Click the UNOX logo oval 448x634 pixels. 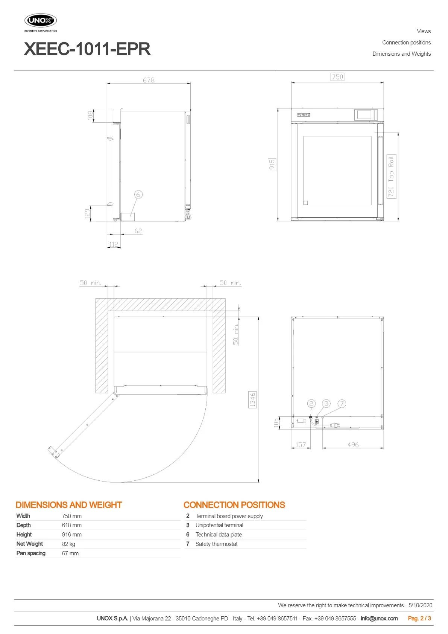coord(41,20)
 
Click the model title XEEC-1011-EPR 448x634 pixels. coord(87,49)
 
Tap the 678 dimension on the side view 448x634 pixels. coord(149,80)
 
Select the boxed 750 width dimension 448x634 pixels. coord(337,77)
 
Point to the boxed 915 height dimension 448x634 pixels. coord(272,165)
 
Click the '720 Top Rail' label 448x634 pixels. coord(391,177)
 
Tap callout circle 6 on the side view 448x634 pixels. coord(138,194)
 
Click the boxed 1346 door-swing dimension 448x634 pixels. coord(252,400)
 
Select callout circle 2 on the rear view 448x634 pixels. coord(311,404)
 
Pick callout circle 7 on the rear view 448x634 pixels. coord(342,404)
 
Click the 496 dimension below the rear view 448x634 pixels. coord(353,445)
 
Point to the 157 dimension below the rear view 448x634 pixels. coord(301,445)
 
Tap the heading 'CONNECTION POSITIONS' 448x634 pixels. coord(234,505)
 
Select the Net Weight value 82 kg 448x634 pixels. coord(68,544)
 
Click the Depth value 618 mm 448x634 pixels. coord(72,525)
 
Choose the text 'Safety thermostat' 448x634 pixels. coord(216,544)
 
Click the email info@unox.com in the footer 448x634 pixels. coord(379,619)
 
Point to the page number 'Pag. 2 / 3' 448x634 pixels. coord(419,619)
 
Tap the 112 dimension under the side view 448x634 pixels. coord(114,244)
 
